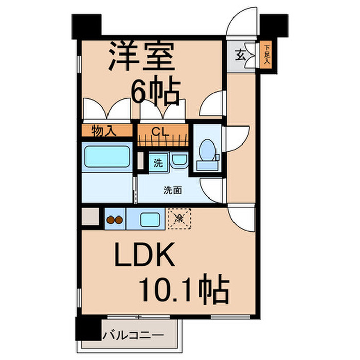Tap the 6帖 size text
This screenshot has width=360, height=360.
(x=156, y=92)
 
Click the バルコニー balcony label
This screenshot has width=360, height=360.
(x=133, y=336)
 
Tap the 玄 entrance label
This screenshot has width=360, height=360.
(x=240, y=53)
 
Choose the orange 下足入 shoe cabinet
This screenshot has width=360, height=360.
(x=266, y=55)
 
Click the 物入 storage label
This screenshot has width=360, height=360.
(x=104, y=131)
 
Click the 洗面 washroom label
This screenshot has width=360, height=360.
(x=172, y=190)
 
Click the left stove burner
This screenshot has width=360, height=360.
(x=110, y=221)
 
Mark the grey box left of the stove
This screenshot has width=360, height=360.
(x=89, y=217)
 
